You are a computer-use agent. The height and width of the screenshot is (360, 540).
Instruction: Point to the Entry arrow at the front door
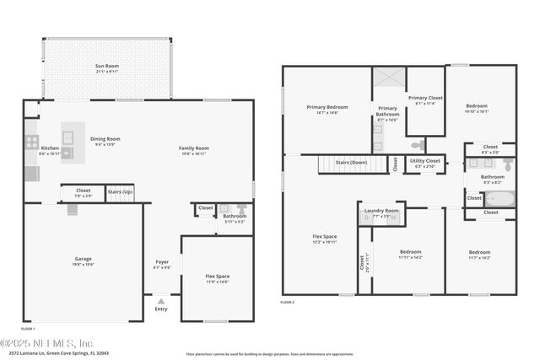click(161, 301)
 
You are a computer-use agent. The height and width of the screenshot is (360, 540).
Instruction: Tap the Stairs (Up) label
click(119, 192)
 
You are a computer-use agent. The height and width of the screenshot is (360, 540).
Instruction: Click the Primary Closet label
click(424, 99)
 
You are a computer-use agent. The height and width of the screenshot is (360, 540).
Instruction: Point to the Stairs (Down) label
click(351, 162)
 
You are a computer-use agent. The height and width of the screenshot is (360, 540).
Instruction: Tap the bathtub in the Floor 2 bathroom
click(497, 200)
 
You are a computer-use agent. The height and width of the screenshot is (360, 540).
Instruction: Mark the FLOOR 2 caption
click(289, 301)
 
